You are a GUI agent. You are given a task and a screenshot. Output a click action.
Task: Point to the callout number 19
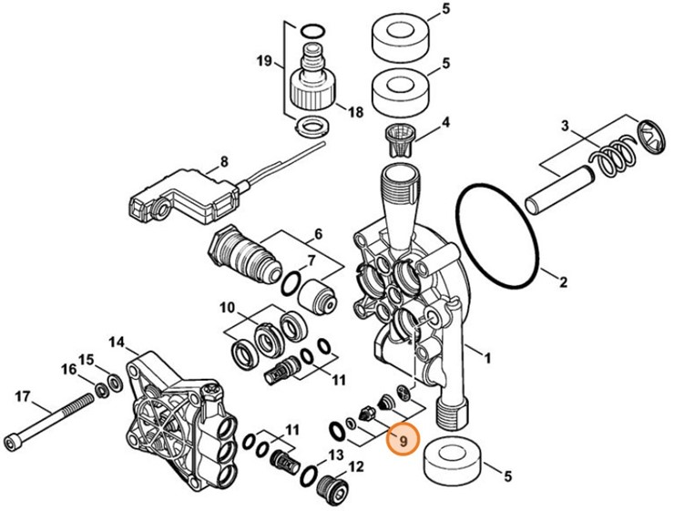tap(264, 62)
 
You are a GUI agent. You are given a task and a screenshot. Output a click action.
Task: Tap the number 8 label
tap(222, 165)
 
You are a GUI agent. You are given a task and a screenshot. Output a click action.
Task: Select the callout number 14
tap(117, 342)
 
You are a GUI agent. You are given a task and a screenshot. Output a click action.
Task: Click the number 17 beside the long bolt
tap(23, 396)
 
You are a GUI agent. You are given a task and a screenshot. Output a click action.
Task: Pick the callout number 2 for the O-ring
tap(564, 281)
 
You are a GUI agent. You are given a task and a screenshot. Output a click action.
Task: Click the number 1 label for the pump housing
tap(486, 358)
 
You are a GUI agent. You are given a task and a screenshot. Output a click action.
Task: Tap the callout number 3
tap(565, 125)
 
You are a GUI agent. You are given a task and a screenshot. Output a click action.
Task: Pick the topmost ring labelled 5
tap(400, 35)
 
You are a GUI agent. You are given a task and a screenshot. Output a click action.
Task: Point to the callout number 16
tap(68, 369)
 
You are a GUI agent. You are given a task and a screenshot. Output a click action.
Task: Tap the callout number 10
tap(228, 307)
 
